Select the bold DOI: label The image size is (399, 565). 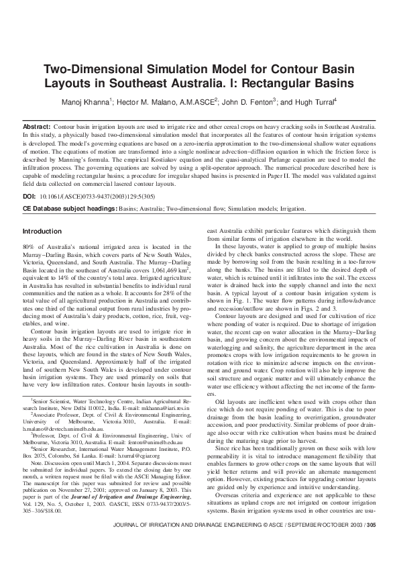click(30, 198)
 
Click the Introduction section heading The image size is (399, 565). click(44, 232)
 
